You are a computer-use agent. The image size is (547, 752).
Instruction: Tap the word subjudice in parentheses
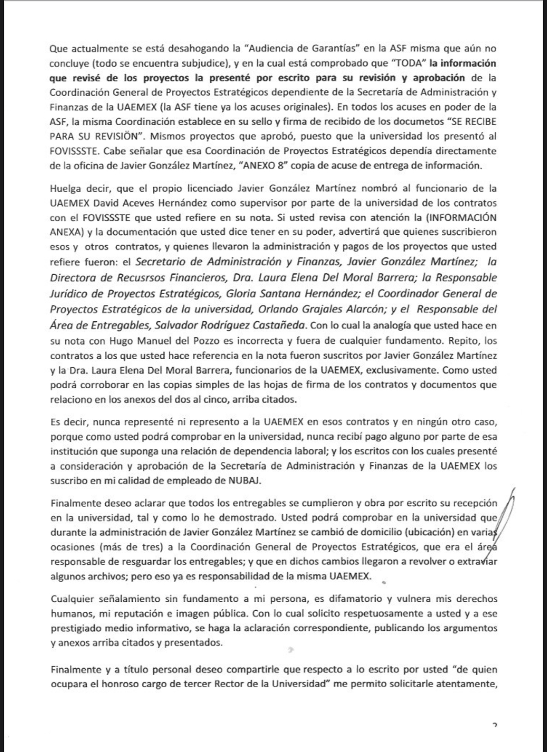click(x=205, y=63)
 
